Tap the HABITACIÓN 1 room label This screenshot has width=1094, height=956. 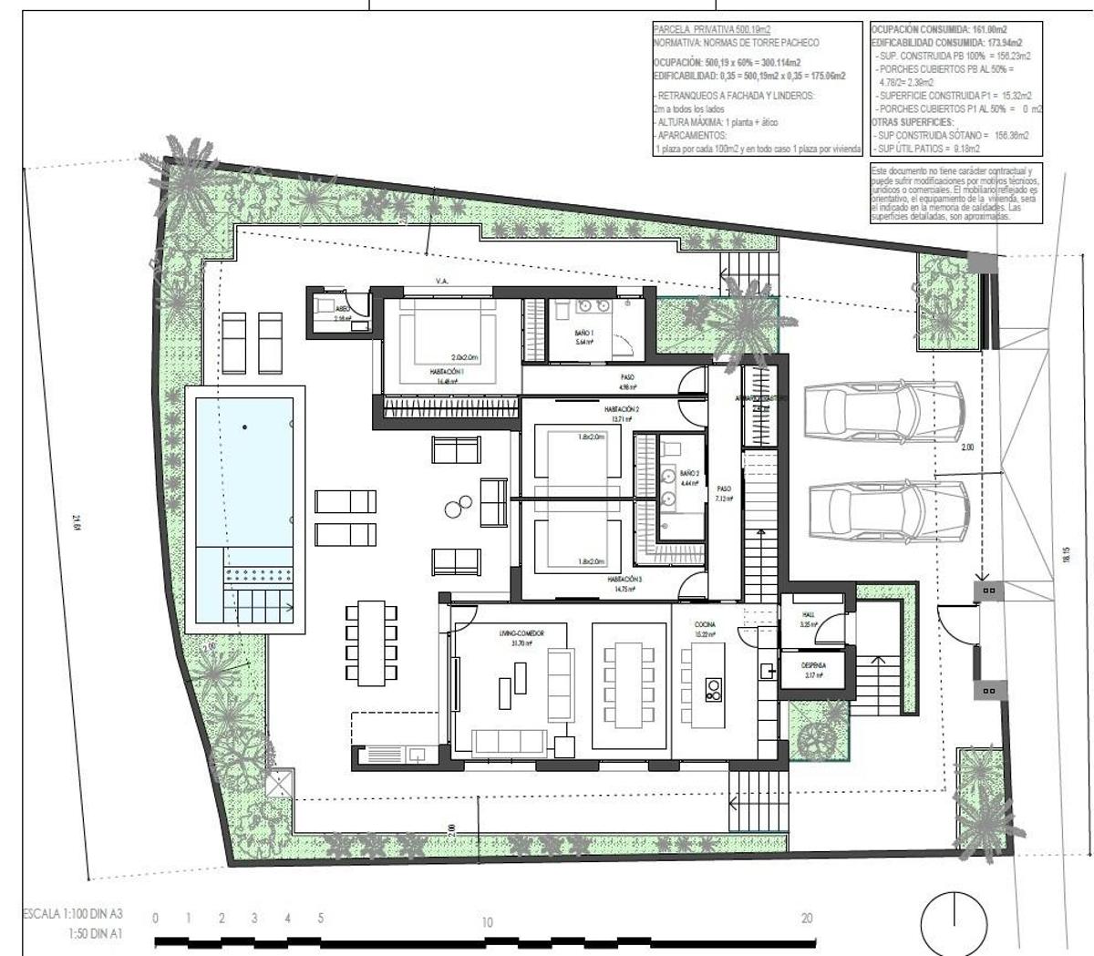[x=448, y=373]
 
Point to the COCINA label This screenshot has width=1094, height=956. [x=705, y=625]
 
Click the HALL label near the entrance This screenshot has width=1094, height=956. [x=808, y=615]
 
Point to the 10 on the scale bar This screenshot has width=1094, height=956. [x=487, y=922]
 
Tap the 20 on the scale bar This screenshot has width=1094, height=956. [x=806, y=919]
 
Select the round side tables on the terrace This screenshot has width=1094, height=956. [x=459, y=504]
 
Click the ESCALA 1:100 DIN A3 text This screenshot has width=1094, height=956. [x=72, y=913]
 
